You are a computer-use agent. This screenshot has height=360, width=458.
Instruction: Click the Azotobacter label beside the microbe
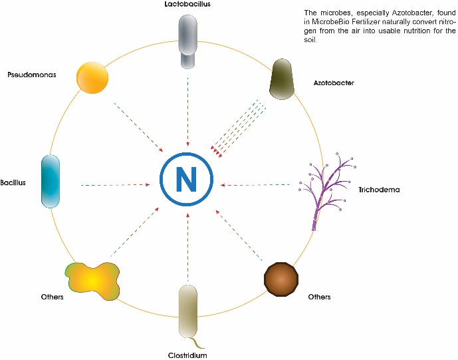pos(334,83)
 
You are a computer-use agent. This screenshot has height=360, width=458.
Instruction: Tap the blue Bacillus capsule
pos(51,181)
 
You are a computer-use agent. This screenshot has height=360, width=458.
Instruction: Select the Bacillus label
pos(13,182)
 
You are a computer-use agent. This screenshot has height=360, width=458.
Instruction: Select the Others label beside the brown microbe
pos(318,297)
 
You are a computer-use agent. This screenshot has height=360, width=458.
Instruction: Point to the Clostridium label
pos(187,355)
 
